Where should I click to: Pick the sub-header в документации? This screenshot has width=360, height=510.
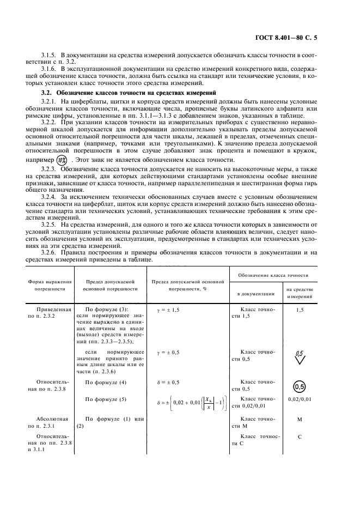coord(255,294)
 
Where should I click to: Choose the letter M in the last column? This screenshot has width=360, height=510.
coord(300,420)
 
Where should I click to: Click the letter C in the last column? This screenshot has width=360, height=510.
coord(300,437)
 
